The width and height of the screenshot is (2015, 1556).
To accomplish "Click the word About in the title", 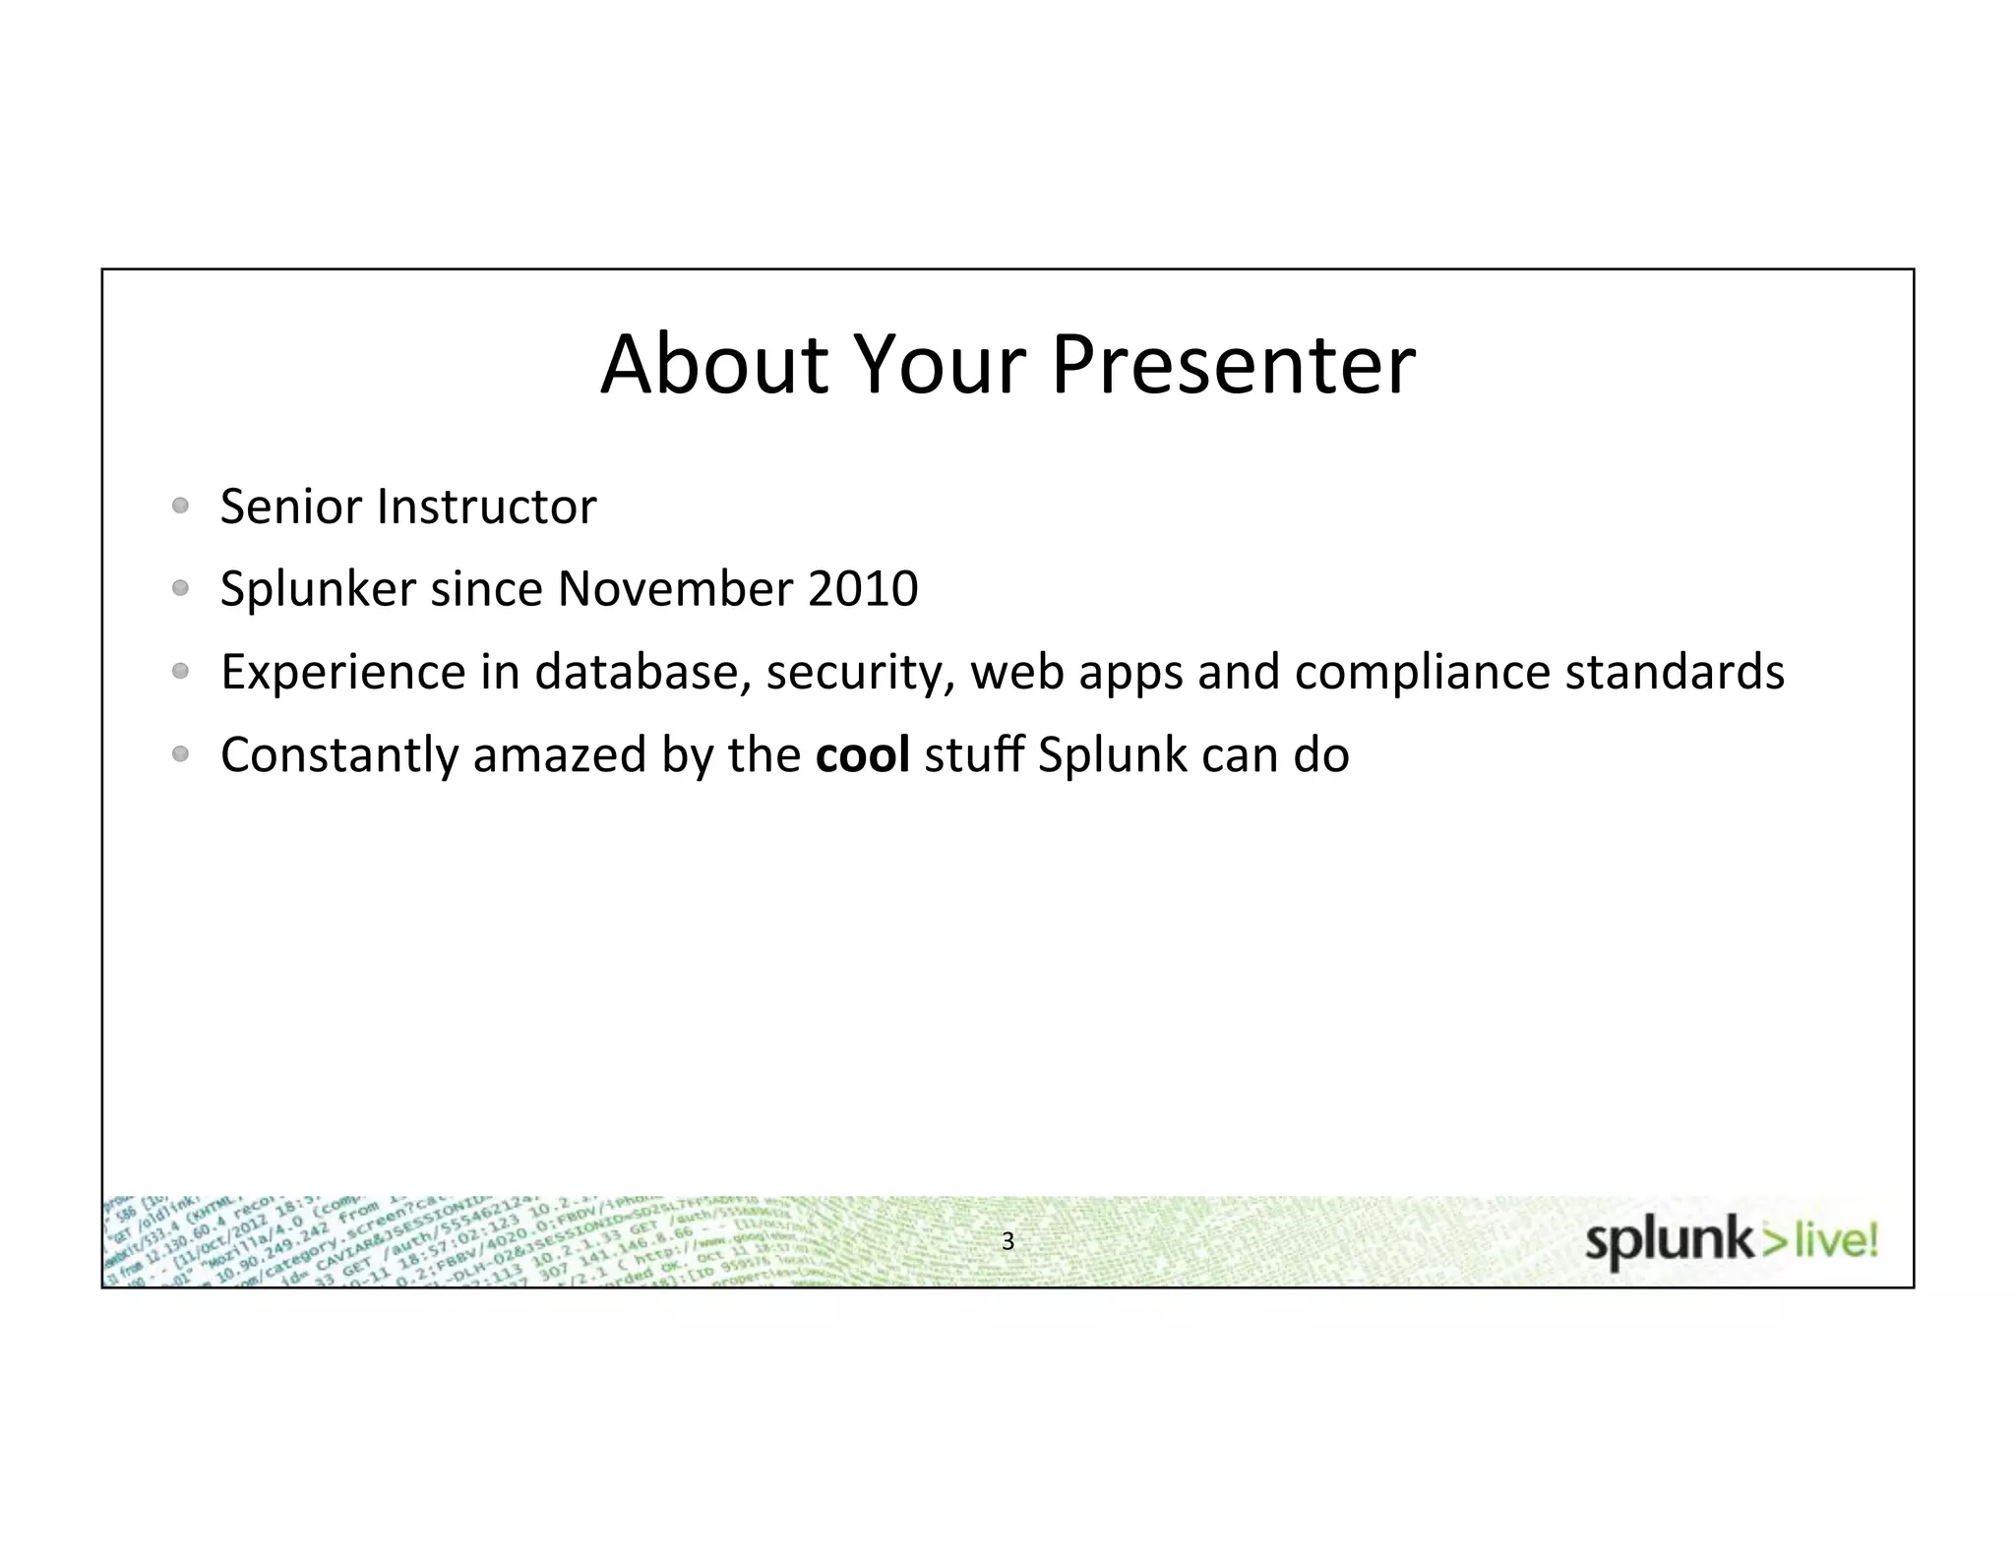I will click(x=714, y=365).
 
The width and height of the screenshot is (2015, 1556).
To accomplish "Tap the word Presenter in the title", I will click(x=1234, y=365).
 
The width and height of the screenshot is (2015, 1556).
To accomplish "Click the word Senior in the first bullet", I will click(x=292, y=507).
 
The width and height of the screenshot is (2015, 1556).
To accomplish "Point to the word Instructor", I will click(x=487, y=507).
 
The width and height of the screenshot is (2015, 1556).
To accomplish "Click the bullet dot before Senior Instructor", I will click(x=179, y=507).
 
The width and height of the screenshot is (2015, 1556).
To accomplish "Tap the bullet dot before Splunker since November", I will click(x=179, y=589).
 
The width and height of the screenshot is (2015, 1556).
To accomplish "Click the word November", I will click(x=675, y=589).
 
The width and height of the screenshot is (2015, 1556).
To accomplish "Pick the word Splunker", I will click(x=318, y=589).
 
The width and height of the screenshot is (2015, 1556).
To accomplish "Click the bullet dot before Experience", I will click(x=179, y=672).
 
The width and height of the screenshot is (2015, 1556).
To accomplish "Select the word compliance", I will click(x=1422, y=672).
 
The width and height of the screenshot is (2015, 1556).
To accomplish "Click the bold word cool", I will click(x=862, y=754).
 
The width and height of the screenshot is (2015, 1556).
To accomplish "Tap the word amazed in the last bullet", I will click(x=559, y=754).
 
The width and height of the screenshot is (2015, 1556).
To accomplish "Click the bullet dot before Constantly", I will click(x=179, y=754).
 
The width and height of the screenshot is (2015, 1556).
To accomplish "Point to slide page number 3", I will click(x=1007, y=1241).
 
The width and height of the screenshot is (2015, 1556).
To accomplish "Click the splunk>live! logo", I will click(x=1731, y=1242).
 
